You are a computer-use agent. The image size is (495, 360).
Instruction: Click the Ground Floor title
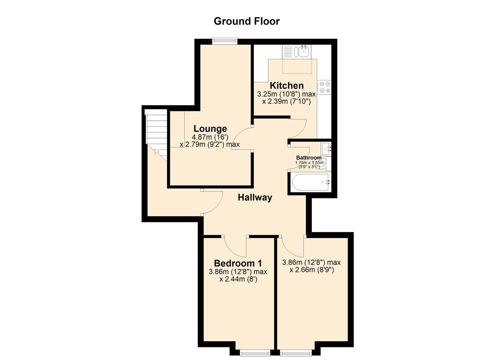[x=247, y=21]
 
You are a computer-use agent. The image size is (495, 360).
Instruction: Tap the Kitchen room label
[x=287, y=86]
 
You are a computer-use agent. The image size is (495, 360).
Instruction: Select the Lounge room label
[x=210, y=129]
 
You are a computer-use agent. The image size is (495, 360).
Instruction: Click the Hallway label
[x=255, y=197]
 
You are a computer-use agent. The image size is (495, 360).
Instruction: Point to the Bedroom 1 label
[x=238, y=263]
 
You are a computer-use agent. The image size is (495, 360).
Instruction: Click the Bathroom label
[x=309, y=158]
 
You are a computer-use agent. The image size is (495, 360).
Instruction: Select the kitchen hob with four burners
[x=324, y=87]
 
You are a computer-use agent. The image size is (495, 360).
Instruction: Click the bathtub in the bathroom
[x=310, y=182]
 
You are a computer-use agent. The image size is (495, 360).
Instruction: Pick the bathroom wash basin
[x=326, y=149]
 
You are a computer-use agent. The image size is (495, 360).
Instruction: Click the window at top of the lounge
[x=225, y=41]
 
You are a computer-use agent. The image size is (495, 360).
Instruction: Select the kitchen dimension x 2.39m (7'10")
[x=286, y=101]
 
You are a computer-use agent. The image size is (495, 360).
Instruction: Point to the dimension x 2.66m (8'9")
[x=312, y=270]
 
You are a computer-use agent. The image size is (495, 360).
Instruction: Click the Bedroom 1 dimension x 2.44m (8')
[x=238, y=279]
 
